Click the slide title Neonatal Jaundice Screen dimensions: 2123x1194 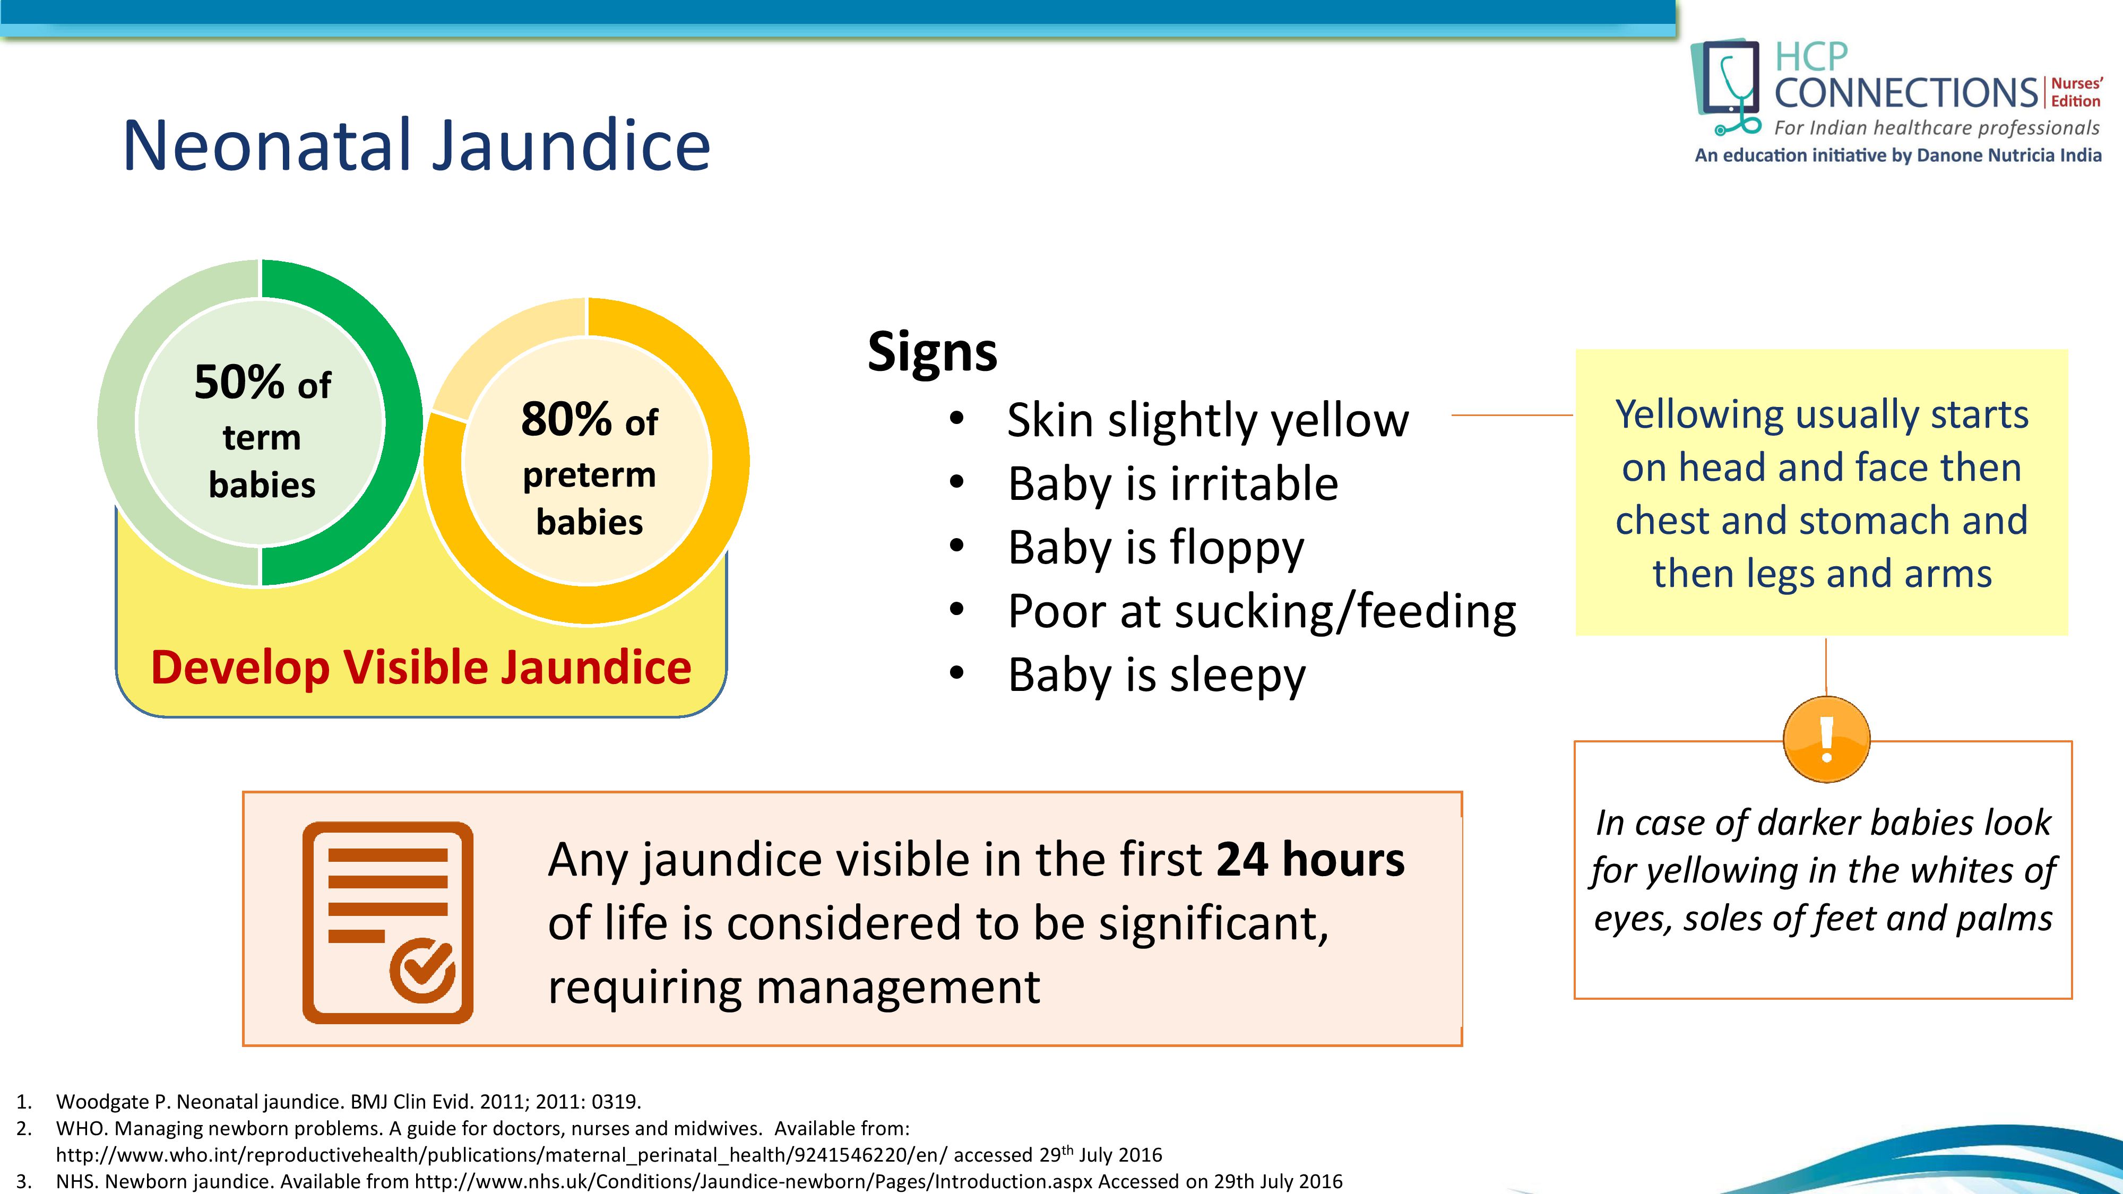(416, 146)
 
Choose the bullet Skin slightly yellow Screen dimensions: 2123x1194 (1207, 420)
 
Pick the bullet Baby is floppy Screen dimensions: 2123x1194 (1155, 548)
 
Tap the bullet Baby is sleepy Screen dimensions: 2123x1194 (1157, 676)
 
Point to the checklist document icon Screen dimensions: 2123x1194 (388, 922)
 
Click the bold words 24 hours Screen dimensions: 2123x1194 (1309, 860)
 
